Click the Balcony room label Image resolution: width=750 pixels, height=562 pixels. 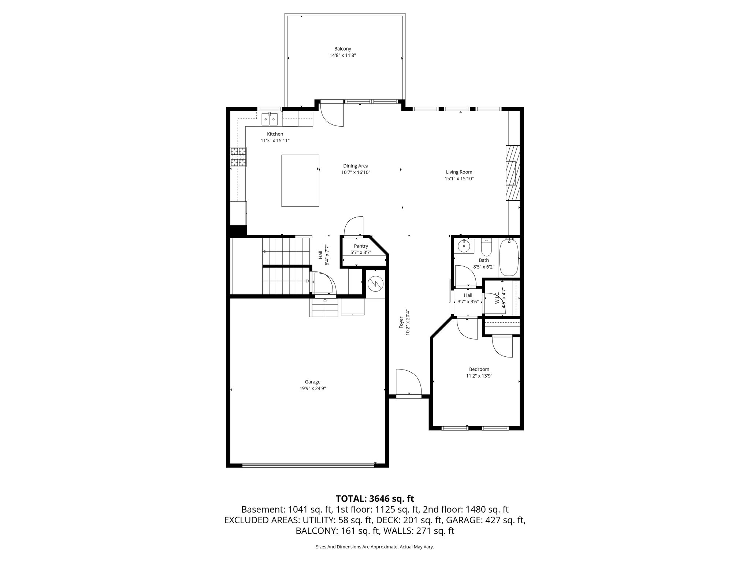coord(342,49)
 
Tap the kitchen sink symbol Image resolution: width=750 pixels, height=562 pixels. coord(270,119)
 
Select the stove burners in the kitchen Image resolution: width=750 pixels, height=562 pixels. coord(238,157)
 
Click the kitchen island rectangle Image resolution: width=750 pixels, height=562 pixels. coord(300,180)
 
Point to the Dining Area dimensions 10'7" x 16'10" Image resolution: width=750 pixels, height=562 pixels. coord(356,172)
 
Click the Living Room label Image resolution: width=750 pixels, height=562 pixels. coord(459,172)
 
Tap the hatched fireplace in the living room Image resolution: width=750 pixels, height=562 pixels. coord(513,173)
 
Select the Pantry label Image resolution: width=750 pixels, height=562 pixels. coord(361,246)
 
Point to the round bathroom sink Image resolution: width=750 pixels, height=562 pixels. coord(464,246)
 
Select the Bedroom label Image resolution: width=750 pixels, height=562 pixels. coord(479,369)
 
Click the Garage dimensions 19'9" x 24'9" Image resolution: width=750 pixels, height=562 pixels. coord(312,389)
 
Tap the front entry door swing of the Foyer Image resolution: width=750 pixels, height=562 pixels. coord(408,382)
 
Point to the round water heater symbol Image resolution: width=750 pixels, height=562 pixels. coord(375,283)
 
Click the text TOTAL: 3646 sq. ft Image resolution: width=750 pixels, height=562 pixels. coord(375,499)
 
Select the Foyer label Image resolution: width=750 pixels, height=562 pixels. coord(401,322)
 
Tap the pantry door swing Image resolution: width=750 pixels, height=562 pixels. coord(353,226)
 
